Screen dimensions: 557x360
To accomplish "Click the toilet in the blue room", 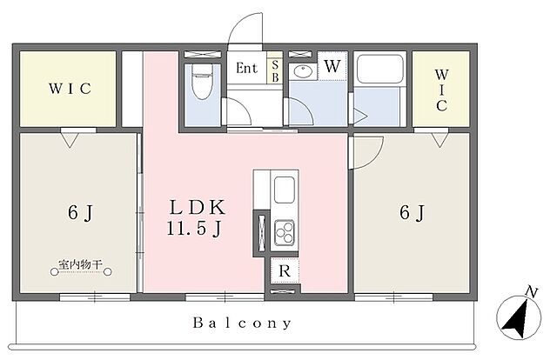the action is coord(201,82).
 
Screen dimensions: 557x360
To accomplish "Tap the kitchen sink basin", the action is coord(285,190).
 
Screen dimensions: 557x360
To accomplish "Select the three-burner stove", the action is coord(285,232).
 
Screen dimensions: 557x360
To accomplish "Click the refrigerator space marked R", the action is coord(285,271).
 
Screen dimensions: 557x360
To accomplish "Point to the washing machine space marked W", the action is coord(332,66).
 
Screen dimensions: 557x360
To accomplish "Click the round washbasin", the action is coord(303,72).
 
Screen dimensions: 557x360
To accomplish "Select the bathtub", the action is coord(379,69).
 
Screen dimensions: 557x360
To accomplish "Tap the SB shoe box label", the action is coord(275,71).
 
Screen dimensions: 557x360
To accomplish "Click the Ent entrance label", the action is coord(246,68).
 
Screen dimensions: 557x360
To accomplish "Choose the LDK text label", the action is coord(198,208).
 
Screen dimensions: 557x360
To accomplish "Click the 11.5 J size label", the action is coord(194,229).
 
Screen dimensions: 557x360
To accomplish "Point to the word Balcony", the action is coord(243,323).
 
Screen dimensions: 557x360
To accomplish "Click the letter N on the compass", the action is coord(531,292).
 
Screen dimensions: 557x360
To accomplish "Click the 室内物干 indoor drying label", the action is coord(81,264).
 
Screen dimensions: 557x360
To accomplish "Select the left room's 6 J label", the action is coord(80,213).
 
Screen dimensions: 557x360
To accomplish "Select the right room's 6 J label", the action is coord(412,213).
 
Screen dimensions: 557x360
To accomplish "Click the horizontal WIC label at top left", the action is coord(70,89).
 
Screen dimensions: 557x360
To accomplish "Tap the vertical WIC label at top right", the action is coord(441,90).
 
